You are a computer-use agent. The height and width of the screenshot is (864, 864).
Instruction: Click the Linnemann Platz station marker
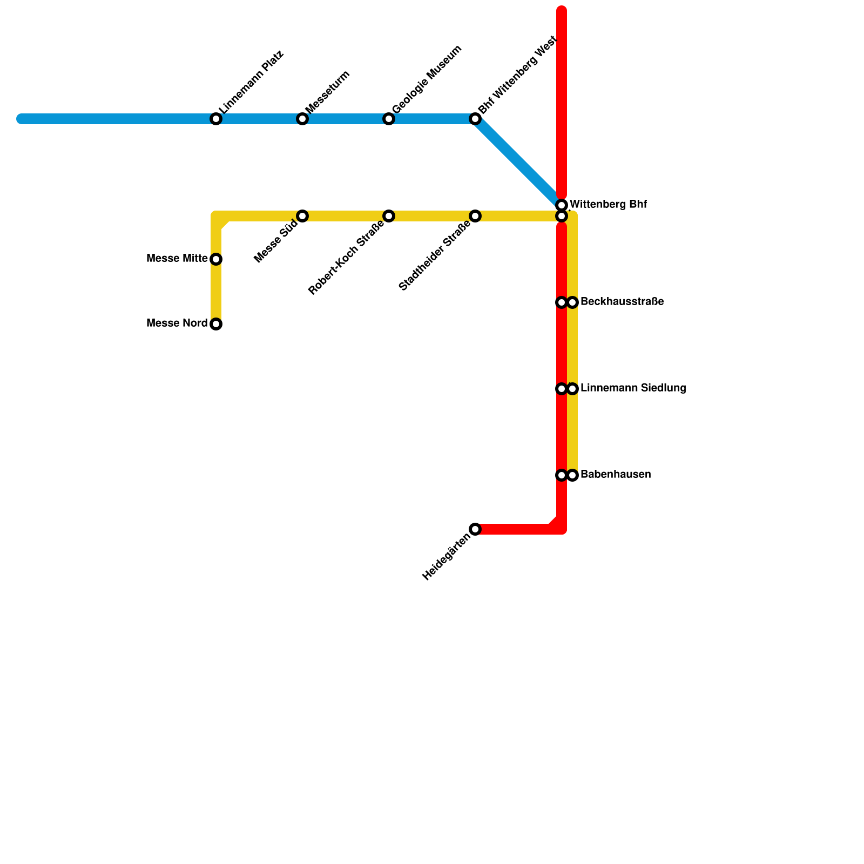point(216,119)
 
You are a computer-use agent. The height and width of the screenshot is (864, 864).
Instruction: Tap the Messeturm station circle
point(302,119)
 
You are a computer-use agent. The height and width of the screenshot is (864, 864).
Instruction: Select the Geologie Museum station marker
point(389,119)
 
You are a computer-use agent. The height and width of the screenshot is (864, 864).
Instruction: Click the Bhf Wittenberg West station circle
point(475,119)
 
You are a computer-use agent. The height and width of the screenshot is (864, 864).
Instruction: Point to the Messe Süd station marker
point(302,216)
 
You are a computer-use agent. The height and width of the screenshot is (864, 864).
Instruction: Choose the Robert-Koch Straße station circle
point(389,216)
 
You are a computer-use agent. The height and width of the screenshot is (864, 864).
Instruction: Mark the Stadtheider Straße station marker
point(475,216)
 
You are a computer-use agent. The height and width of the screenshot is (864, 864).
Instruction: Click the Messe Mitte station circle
point(216,259)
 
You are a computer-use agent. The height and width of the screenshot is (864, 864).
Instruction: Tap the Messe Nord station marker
point(216,324)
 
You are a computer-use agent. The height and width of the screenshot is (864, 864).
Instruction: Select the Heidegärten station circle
point(475,529)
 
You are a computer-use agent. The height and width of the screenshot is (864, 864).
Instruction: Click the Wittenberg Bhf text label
point(608,205)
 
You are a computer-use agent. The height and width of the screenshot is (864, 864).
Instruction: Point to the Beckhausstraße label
point(622,302)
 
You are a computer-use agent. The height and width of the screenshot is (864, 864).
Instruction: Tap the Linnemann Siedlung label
point(633,388)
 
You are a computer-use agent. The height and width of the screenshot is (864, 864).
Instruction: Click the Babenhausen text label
point(616,475)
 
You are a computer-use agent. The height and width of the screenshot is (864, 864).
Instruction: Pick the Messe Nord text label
point(177,323)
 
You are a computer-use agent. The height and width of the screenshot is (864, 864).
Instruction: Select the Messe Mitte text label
point(177,259)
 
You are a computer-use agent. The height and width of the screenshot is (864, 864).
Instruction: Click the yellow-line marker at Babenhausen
point(573,475)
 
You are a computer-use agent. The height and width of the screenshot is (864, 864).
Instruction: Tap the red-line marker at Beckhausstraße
point(562,302)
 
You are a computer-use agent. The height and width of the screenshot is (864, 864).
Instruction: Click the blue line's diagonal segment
point(518,162)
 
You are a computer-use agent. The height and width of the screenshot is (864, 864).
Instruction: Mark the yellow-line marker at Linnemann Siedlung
point(573,389)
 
